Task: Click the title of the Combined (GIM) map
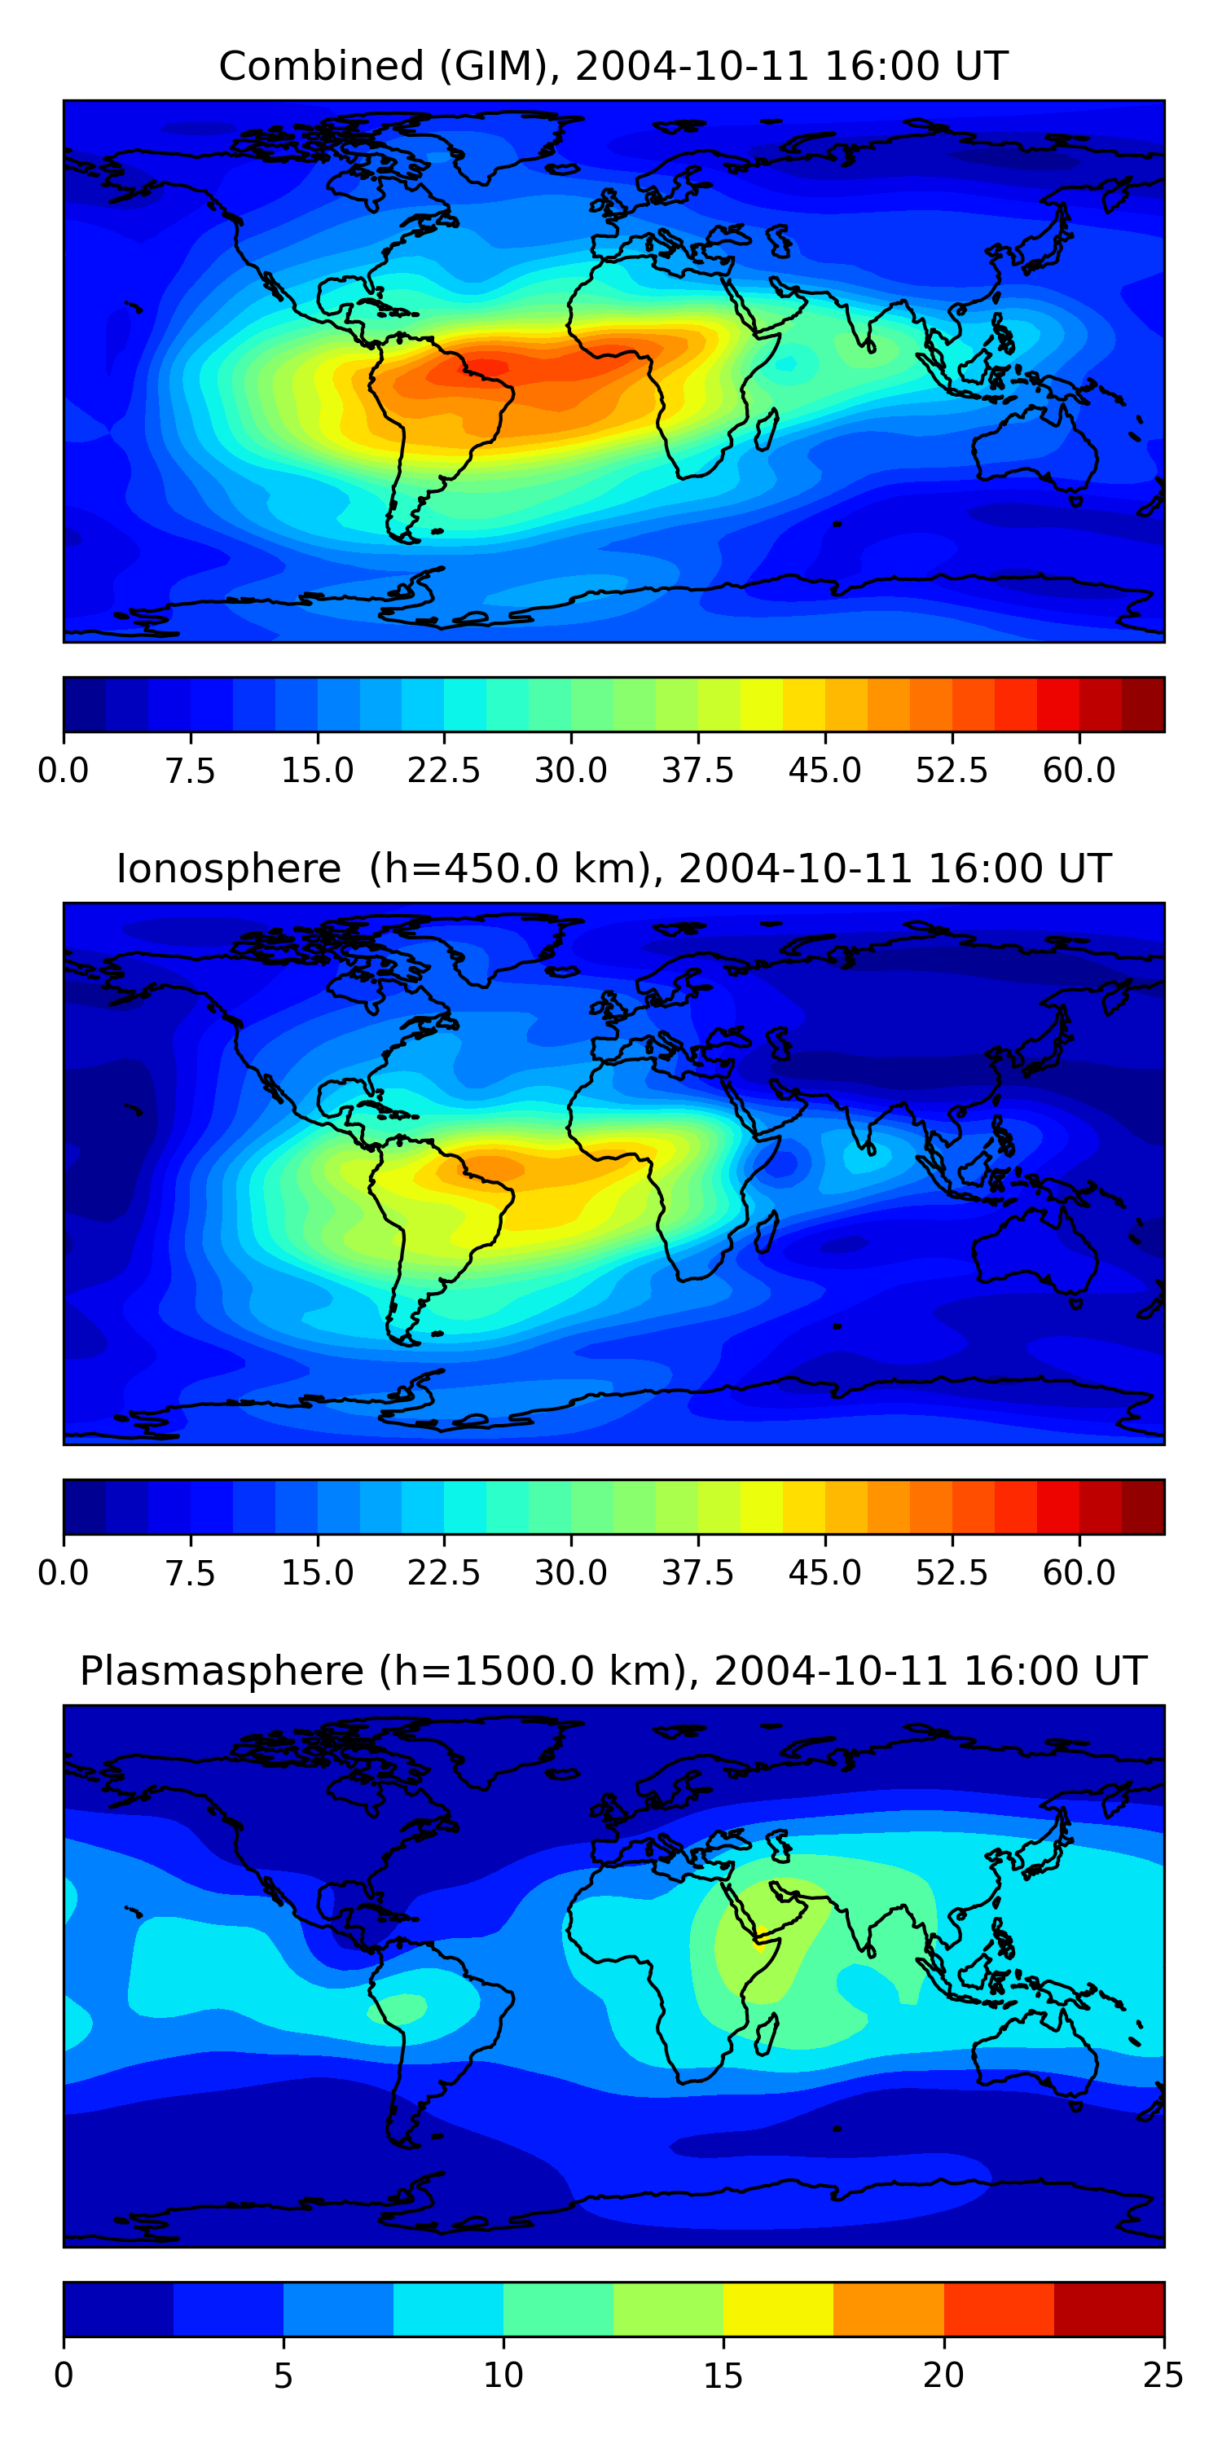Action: click(x=613, y=67)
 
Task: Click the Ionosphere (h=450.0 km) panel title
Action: click(x=613, y=869)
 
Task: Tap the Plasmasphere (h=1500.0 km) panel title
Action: click(x=613, y=1671)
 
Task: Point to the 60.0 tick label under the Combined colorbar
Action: click(x=1079, y=771)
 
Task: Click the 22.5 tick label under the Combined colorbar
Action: click(x=444, y=771)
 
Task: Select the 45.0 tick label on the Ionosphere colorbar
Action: click(x=824, y=1573)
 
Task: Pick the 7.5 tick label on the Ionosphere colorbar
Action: click(x=190, y=1573)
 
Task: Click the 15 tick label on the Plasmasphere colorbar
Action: click(x=723, y=2376)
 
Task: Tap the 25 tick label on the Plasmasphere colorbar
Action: click(x=1163, y=2376)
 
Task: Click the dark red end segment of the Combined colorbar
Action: click(x=1142, y=705)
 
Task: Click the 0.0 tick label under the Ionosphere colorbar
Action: click(x=64, y=1573)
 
